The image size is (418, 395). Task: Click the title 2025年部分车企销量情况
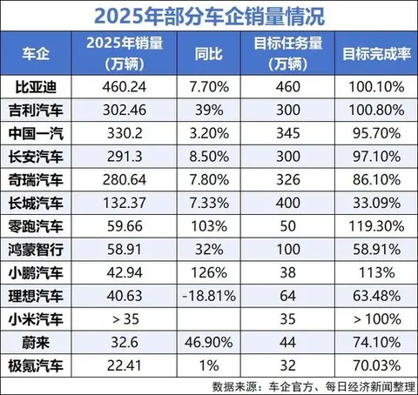(x=209, y=14)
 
